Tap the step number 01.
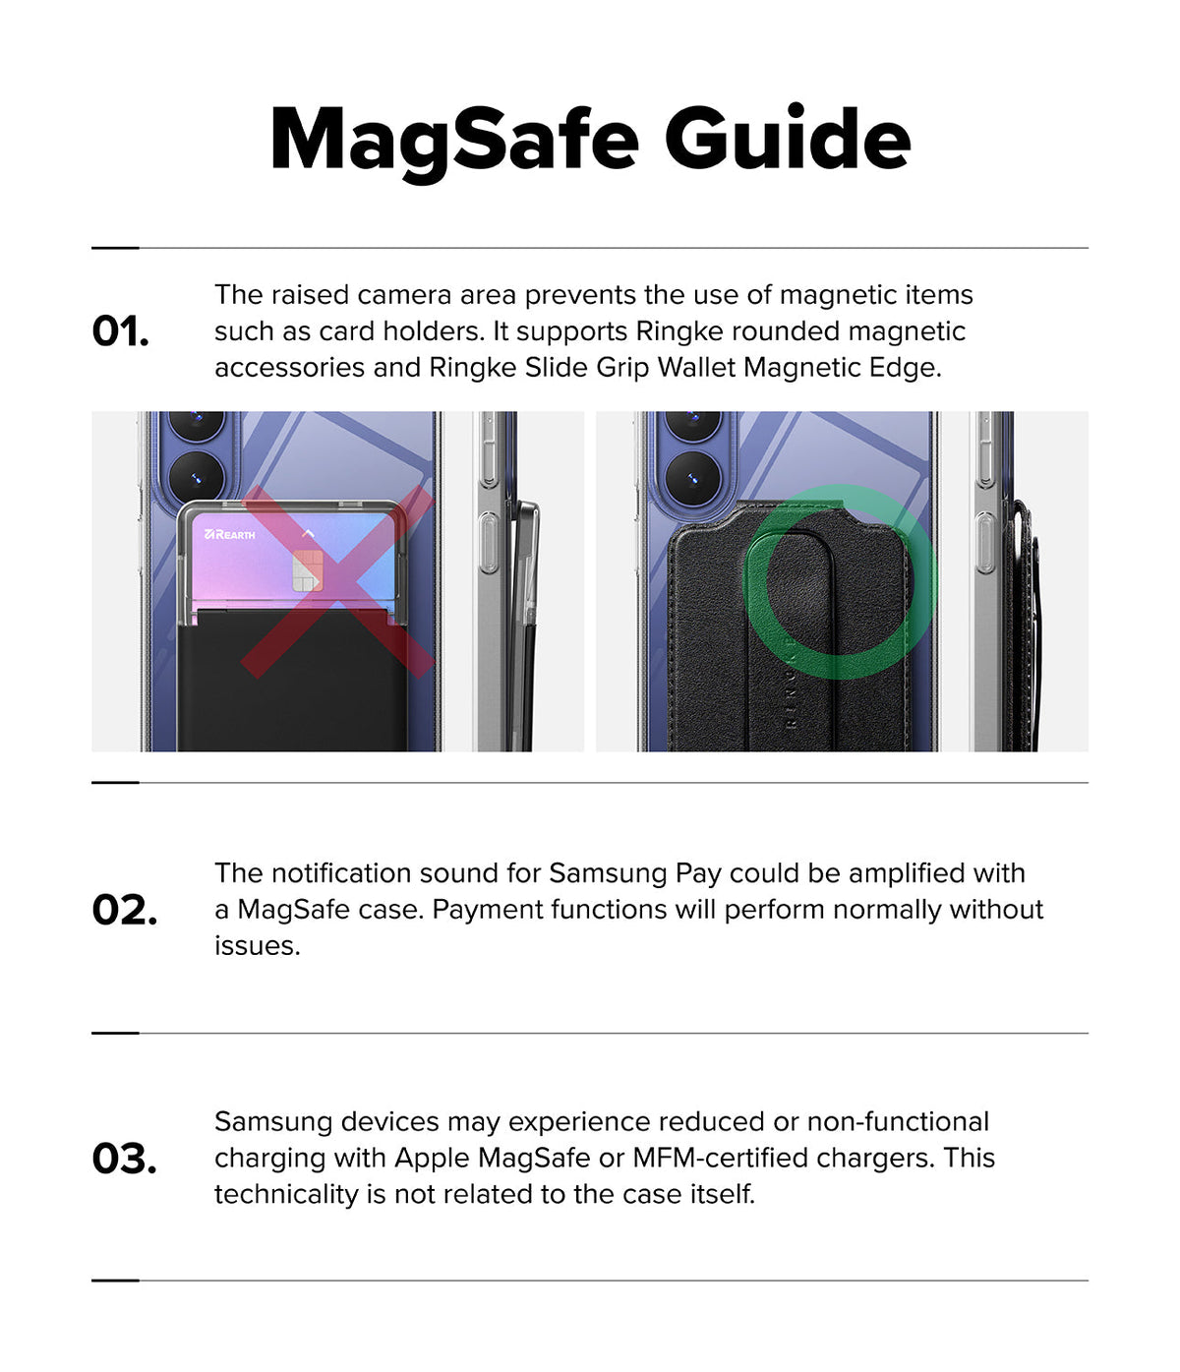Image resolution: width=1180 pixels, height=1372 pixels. coord(120,331)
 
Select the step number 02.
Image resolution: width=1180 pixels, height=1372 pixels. coord(125,910)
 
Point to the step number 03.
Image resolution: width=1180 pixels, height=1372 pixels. coord(124,1159)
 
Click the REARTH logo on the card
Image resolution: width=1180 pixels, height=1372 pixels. coord(230,534)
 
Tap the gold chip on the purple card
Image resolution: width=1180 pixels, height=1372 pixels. coord(307,570)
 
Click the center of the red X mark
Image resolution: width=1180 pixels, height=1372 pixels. coord(337,581)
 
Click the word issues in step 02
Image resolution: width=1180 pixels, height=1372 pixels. coord(258,946)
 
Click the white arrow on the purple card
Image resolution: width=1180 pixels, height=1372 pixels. coord(308,534)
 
